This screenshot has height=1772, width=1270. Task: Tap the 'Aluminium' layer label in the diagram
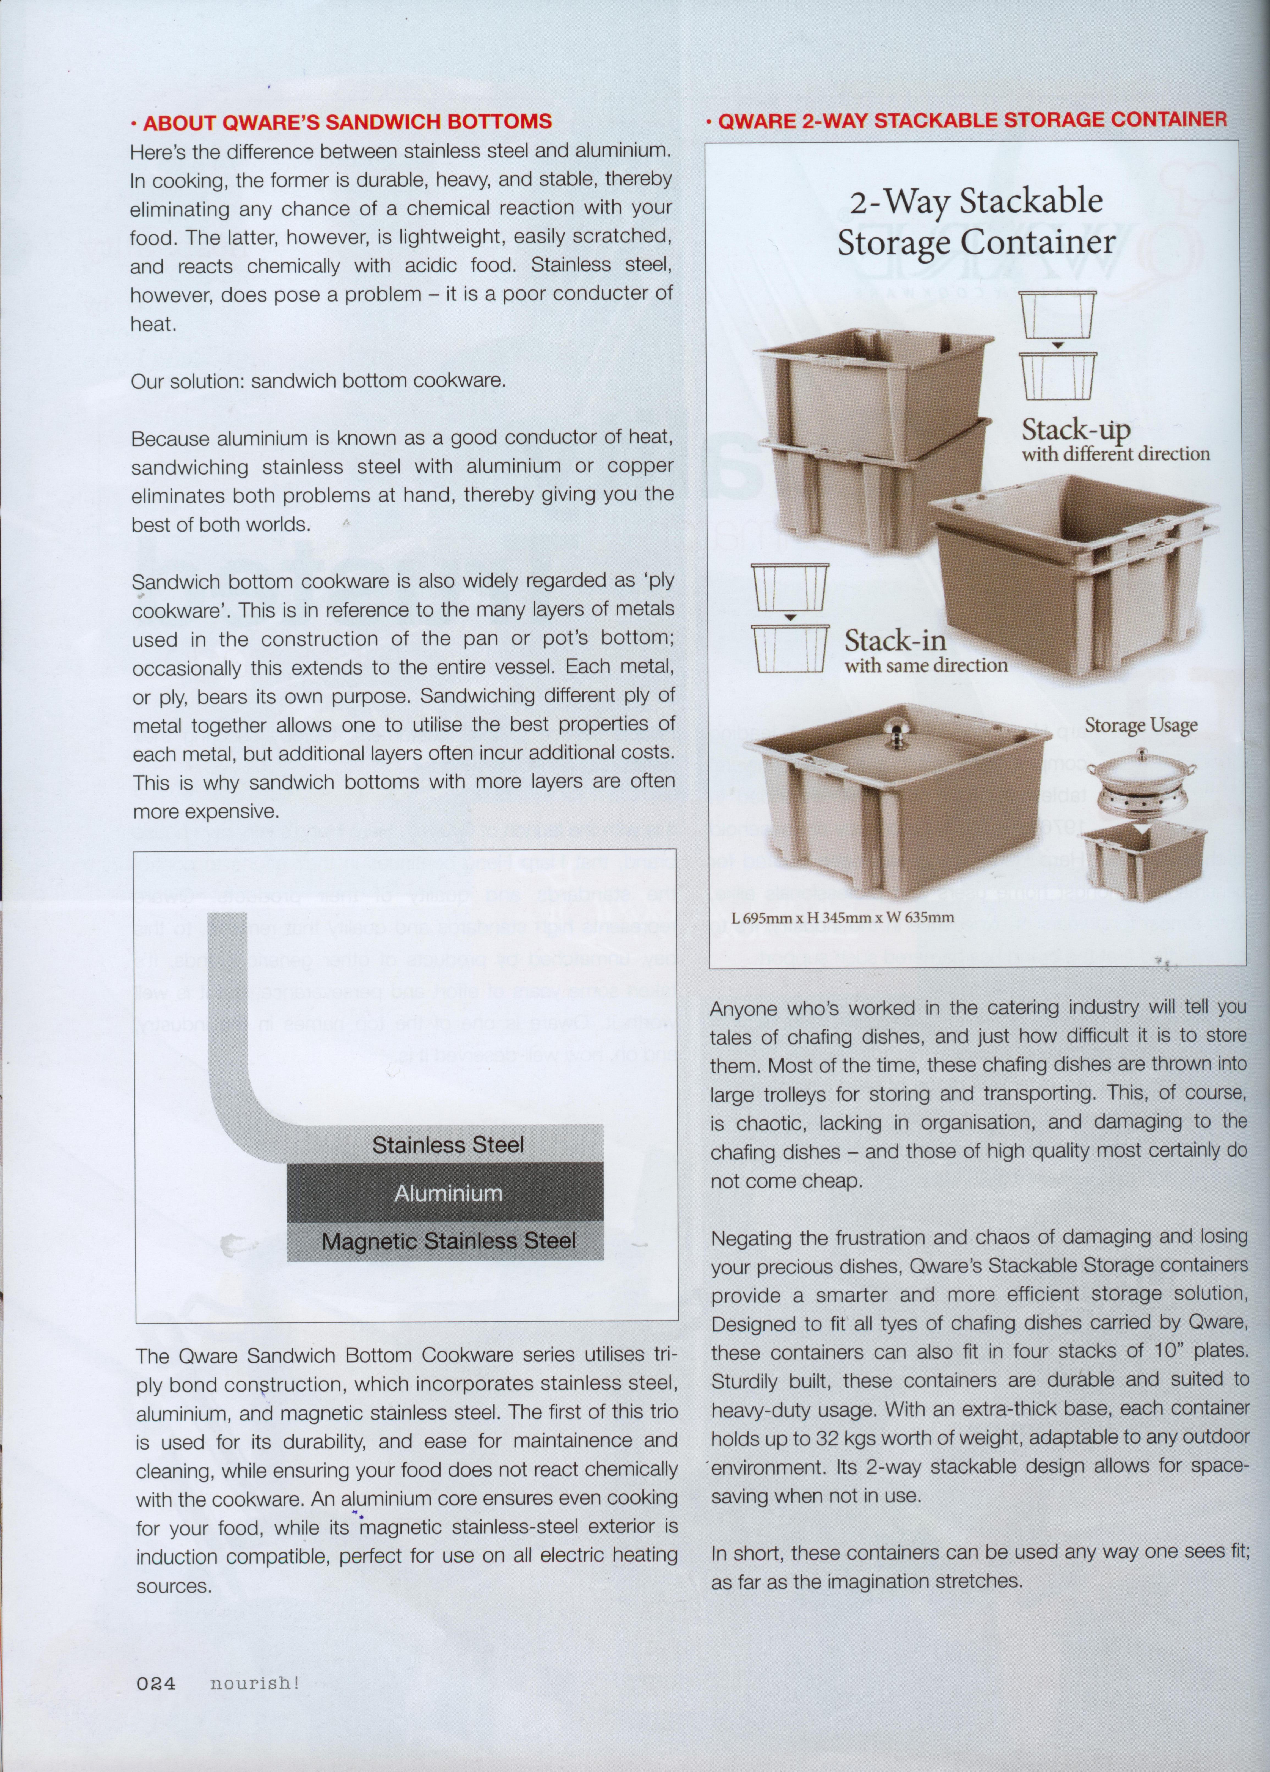[x=447, y=1193]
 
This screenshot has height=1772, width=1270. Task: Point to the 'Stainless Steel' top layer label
[x=447, y=1145]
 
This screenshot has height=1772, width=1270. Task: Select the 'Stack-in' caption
[x=895, y=641]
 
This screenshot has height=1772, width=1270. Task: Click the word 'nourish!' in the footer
[x=255, y=1705]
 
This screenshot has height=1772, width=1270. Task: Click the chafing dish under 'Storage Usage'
[x=1137, y=783]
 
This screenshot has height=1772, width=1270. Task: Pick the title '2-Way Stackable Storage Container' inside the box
[x=976, y=221]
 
